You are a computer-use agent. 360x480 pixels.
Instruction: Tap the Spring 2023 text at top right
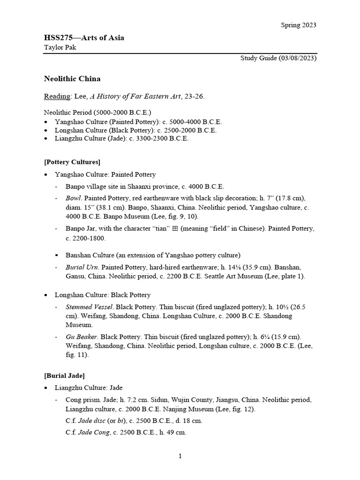click(x=299, y=25)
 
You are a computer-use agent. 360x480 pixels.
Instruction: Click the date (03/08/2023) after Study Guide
click(x=297, y=58)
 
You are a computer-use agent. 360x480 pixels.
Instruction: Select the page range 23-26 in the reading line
click(x=194, y=96)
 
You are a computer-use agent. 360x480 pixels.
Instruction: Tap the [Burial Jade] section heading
click(x=64, y=375)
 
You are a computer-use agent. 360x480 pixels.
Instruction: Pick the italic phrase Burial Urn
click(x=82, y=267)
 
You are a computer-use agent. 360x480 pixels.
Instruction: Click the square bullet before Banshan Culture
click(x=56, y=255)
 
